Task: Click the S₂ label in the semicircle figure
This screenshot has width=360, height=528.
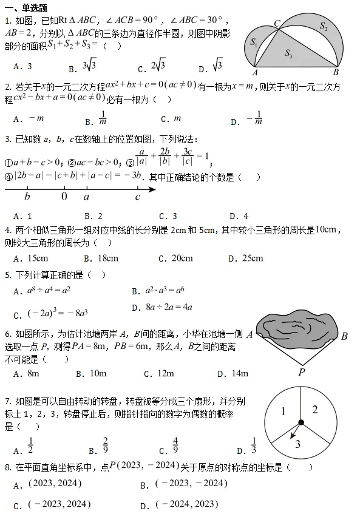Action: [x=324, y=26]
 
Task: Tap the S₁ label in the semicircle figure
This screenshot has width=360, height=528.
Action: [x=254, y=42]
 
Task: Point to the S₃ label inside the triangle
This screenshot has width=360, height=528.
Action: [x=288, y=54]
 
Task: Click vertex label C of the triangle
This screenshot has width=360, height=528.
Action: [x=277, y=23]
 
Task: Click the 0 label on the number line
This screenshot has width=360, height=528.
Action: [x=64, y=197]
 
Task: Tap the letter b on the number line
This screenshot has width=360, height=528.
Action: [x=27, y=197]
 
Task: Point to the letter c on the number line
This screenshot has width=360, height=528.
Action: [x=138, y=197]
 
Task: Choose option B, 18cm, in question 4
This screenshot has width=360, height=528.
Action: [x=107, y=258]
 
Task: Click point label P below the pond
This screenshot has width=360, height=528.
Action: [x=301, y=372]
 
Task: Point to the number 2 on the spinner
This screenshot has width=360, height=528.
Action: [x=315, y=409]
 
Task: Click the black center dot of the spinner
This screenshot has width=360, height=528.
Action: [x=301, y=422]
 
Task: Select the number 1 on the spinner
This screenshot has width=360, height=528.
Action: [x=283, y=412]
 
